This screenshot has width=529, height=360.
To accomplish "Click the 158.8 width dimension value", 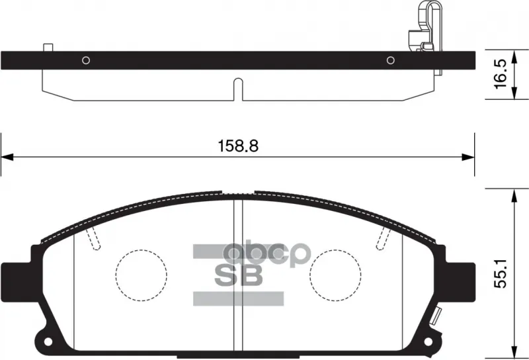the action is (x=238, y=146).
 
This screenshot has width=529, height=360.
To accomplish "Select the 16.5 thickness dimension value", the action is (x=501, y=74).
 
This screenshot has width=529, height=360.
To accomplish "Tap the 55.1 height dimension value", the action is (x=501, y=273).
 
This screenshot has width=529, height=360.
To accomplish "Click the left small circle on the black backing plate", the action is (x=86, y=60).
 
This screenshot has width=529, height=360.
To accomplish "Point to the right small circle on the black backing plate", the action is (x=391, y=60).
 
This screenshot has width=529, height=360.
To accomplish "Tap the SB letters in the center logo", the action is (x=239, y=275).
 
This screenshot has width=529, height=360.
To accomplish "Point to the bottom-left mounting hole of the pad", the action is (x=48, y=341).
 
